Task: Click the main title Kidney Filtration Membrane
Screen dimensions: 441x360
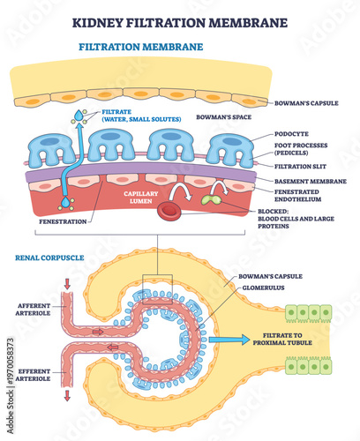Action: [179, 19]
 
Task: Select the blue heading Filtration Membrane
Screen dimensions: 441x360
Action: [141, 46]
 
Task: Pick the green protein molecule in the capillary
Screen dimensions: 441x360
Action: [213, 201]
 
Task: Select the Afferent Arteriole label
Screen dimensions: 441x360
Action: [35, 310]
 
